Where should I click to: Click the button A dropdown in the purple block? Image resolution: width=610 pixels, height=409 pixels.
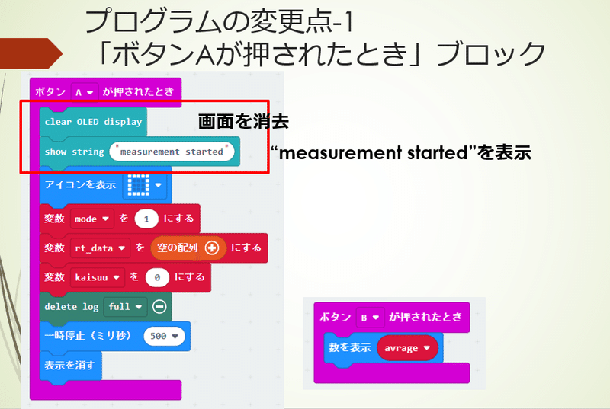85,92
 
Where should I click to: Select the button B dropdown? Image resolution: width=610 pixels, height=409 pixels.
370,318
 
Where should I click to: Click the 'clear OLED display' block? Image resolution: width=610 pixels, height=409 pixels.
93,122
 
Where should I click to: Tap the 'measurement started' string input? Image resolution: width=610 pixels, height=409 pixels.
172,152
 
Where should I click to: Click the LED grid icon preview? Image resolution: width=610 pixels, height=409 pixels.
139,184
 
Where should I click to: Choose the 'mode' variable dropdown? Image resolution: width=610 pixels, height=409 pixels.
91,219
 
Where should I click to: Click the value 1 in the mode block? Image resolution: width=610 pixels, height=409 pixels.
146,219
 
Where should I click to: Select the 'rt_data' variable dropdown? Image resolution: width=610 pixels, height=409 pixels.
100,248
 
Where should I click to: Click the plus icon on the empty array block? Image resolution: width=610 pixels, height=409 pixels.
212,248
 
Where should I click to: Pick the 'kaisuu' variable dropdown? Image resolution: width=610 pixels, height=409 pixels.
98,277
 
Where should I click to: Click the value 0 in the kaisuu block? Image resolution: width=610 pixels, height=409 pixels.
157,277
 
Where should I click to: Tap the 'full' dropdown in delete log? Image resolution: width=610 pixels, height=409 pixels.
125,307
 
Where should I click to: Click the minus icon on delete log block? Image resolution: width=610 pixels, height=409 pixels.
159,307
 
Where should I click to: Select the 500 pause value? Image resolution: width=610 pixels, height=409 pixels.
164,336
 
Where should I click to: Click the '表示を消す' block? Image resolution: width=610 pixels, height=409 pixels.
70,366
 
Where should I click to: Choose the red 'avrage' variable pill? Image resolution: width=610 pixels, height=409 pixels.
407,348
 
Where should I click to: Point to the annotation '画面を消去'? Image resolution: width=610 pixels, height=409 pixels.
243,122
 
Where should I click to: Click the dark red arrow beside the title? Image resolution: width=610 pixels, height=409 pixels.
31,53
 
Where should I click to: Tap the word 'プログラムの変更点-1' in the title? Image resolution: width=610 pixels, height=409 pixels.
219,21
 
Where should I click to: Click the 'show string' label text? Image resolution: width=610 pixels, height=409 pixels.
74,152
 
